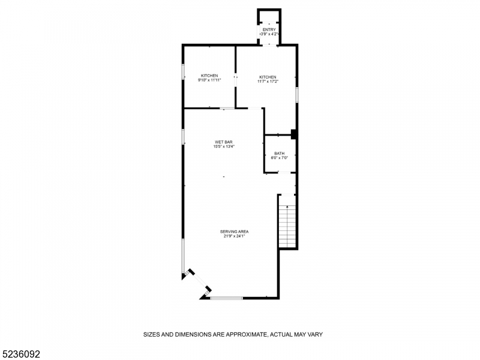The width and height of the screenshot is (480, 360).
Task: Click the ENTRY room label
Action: [x=268, y=29]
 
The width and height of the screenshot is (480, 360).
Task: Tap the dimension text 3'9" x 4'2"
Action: [x=268, y=34]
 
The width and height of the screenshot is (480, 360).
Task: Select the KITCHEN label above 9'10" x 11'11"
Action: [x=209, y=76]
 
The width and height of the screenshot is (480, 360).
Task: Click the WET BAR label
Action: [x=224, y=142]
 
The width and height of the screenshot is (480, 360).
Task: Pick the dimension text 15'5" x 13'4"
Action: [x=224, y=146]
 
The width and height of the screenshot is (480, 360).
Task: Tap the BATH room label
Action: [x=280, y=154]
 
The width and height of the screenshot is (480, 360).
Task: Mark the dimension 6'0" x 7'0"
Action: [x=280, y=158]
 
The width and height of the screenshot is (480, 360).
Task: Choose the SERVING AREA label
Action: [x=234, y=232]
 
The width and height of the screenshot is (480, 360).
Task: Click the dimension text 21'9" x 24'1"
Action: [x=234, y=236]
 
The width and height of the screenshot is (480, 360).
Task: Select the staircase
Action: [x=287, y=225]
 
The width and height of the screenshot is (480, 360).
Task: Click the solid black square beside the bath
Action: [x=294, y=134]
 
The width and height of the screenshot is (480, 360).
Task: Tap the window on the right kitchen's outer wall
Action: [x=297, y=94]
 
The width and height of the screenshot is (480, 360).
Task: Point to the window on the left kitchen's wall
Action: [x=184, y=72]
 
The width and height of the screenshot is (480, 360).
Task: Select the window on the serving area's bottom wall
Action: [x=227, y=298]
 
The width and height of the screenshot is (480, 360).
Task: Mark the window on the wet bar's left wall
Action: [x=184, y=136]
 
